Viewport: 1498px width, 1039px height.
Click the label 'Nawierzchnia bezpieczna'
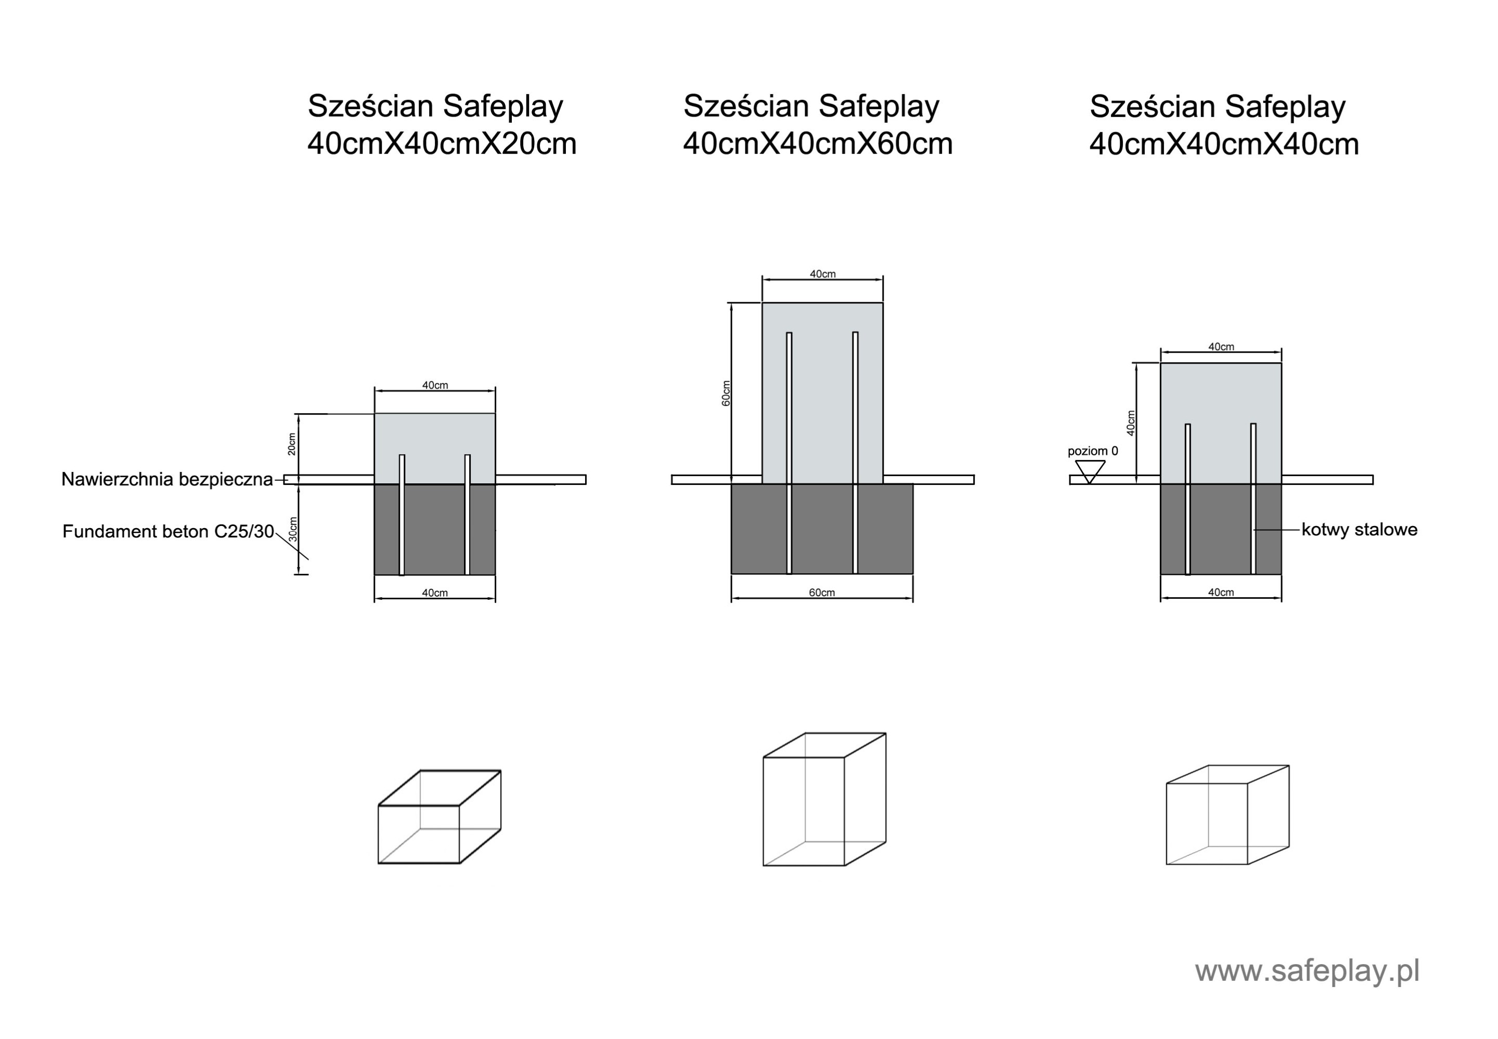[x=166, y=480]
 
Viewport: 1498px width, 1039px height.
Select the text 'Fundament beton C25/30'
[x=168, y=532]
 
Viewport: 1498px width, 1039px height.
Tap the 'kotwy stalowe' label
[x=1359, y=530]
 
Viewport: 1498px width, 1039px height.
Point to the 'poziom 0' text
[x=1093, y=451]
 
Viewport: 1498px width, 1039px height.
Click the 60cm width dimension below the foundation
[x=821, y=593]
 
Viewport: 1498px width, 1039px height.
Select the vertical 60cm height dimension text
[x=726, y=393]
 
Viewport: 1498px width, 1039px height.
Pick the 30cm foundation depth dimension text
[x=293, y=529]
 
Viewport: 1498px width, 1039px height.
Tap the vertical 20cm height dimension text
[x=291, y=444]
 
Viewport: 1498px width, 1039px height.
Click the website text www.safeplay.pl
[x=1307, y=971]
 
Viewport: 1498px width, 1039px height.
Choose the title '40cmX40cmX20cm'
[x=442, y=144]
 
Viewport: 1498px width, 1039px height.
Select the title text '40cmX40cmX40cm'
[x=1224, y=145]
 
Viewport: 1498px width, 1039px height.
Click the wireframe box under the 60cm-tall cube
[x=824, y=800]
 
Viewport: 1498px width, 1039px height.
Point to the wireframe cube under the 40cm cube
[x=1228, y=815]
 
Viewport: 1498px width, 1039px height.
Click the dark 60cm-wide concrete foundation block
[x=822, y=529]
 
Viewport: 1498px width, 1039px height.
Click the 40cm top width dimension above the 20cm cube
[x=435, y=386]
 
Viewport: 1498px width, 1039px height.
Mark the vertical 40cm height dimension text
[x=1131, y=423]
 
